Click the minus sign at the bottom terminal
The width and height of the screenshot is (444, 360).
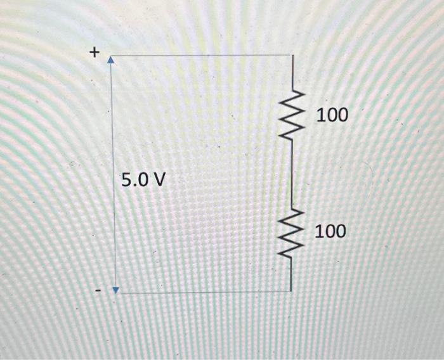pyautogui.click(x=98, y=291)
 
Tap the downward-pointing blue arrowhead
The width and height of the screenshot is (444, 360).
pyautogui.click(x=115, y=290)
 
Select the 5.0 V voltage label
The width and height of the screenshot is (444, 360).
pyautogui.click(x=143, y=181)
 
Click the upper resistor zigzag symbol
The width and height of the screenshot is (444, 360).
pyautogui.click(x=292, y=115)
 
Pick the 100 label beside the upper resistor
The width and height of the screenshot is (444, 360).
pyautogui.click(x=332, y=115)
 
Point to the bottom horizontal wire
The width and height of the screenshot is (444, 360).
pyautogui.click(x=203, y=292)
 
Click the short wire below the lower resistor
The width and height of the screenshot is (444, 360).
pyautogui.click(x=292, y=273)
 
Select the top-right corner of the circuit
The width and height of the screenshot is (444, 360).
pyautogui.click(x=292, y=55)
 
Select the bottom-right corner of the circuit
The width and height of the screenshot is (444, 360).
pyautogui.click(x=292, y=292)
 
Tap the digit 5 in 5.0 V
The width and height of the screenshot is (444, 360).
pyautogui.click(x=126, y=181)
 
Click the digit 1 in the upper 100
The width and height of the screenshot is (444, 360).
pyautogui.click(x=319, y=115)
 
